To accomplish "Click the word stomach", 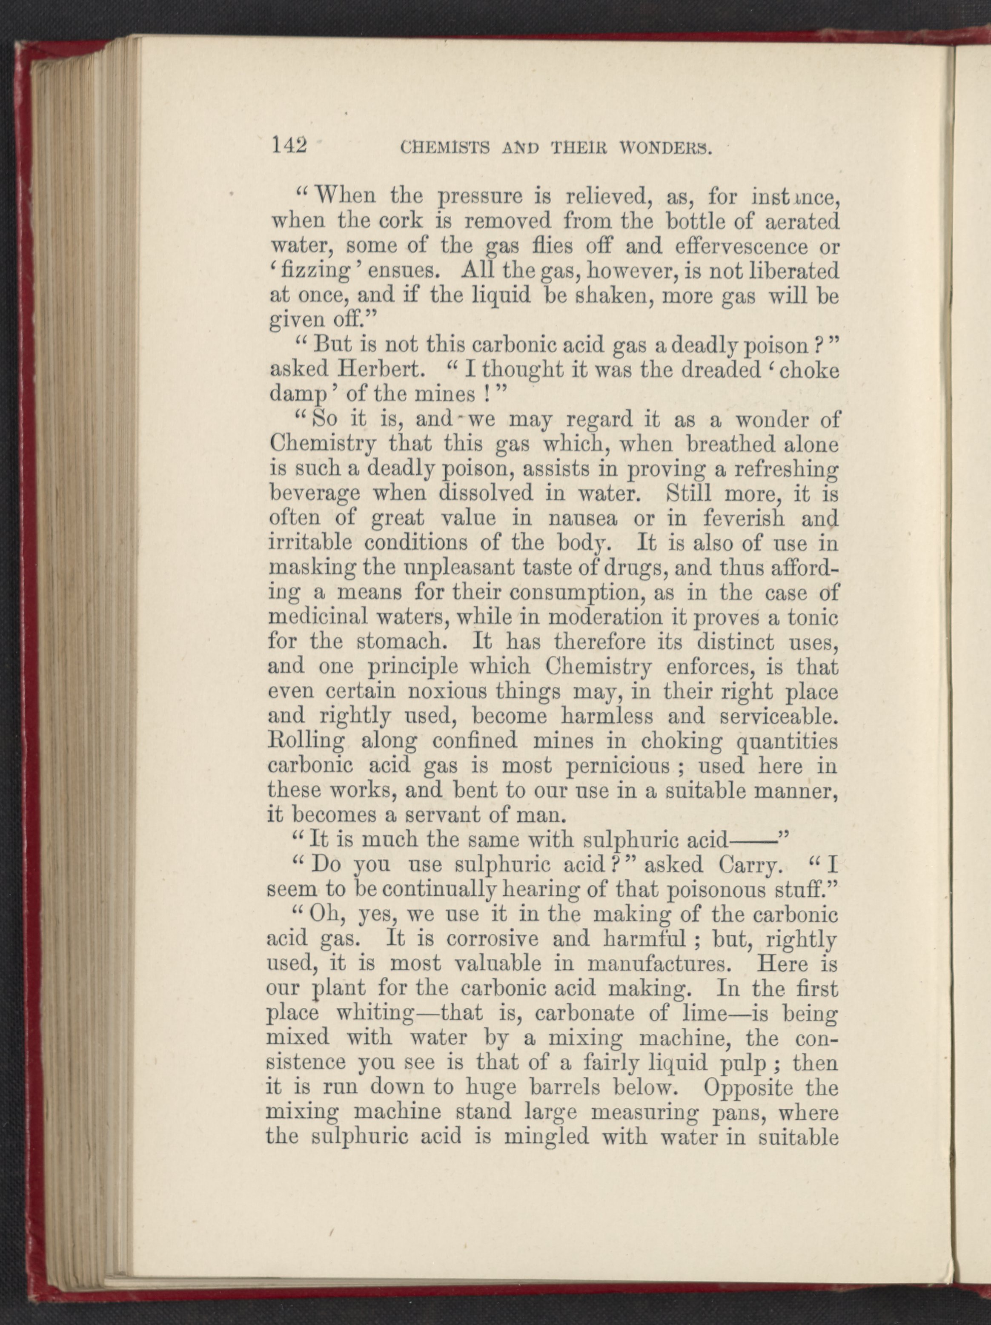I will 411,642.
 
